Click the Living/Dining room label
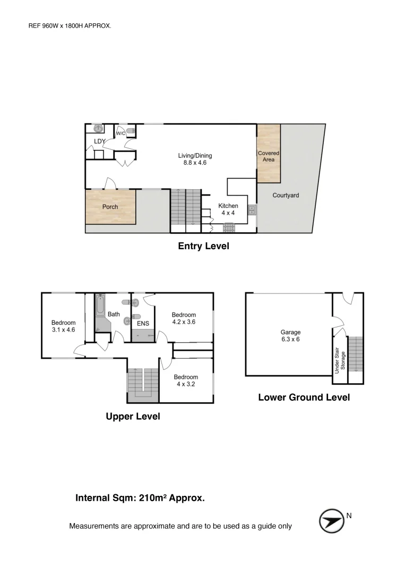coord(195,159)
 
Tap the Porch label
coord(110,207)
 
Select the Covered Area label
coord(269,156)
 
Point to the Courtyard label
coord(286,195)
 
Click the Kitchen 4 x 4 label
coord(228,209)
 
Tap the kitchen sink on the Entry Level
coord(252,210)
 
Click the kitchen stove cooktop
coord(229,227)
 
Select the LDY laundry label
coord(99,141)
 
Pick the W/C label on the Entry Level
coord(120,133)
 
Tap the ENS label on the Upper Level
coord(143,323)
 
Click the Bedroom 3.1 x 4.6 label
coord(63,326)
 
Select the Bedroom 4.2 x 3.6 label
coord(184,318)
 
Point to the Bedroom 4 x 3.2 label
coord(186,381)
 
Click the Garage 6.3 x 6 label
coord(290,335)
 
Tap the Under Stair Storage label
coord(340,360)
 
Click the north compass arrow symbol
coord(332,521)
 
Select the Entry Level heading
coord(204,246)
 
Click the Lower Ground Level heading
coord(304,397)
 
